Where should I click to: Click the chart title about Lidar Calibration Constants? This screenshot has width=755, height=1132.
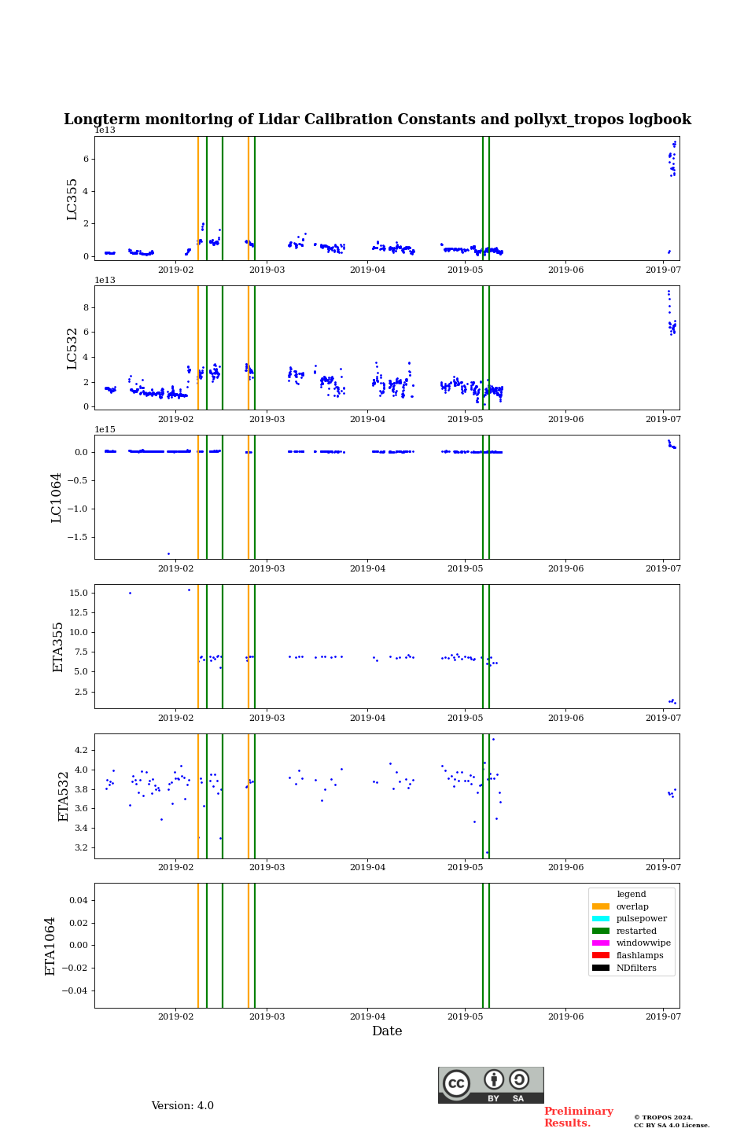pos(377,119)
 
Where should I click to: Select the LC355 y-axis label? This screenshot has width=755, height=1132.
pos(72,199)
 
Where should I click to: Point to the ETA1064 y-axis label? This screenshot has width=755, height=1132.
pos(50,946)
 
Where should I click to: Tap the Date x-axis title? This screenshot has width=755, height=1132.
pos(387,1031)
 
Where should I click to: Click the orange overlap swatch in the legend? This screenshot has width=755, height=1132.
pos(601,906)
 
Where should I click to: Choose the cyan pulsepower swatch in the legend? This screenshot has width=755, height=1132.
pos(601,919)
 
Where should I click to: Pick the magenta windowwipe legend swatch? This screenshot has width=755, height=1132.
pos(601,943)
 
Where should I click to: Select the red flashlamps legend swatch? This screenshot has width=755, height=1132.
pos(601,956)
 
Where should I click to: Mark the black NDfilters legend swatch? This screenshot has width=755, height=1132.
pos(601,968)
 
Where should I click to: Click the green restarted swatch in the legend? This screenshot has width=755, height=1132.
pos(601,931)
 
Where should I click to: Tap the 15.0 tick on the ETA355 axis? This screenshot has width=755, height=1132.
pos(78,593)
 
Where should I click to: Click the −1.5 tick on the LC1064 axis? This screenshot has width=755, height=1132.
pos(79,537)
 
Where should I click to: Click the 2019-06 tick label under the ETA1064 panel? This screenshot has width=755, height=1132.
pos(565,1016)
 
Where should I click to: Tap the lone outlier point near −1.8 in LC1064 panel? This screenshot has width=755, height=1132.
pos(168,553)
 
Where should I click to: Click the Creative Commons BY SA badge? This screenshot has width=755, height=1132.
pos(491,1085)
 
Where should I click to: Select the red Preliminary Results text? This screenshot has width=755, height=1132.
pos(578,1117)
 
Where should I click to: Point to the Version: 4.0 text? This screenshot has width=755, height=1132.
pos(182,1106)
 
